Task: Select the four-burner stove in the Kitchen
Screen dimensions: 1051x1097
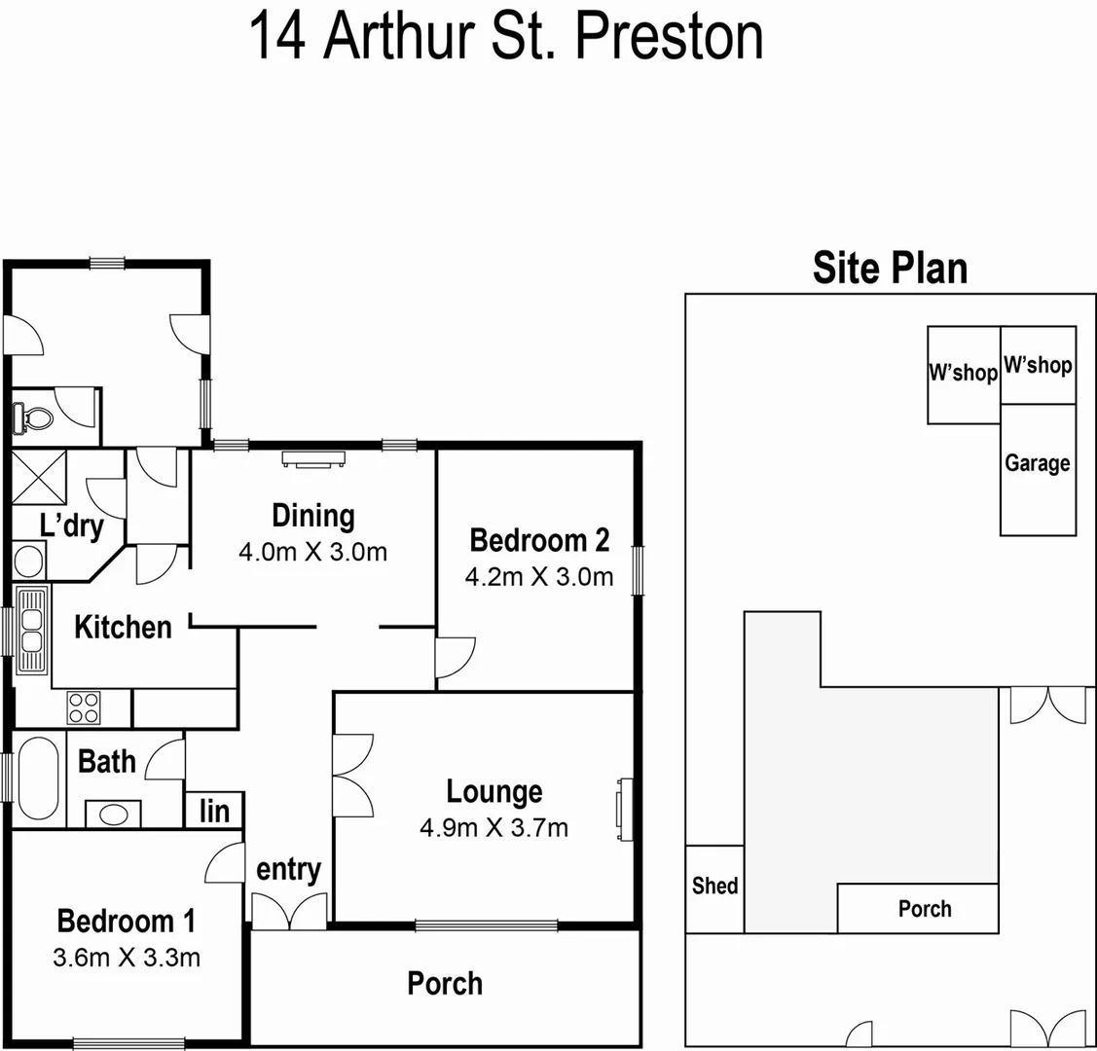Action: click(x=83, y=707)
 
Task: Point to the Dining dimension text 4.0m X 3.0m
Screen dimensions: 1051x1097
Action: click(x=312, y=553)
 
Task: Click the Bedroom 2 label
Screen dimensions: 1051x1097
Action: click(x=539, y=540)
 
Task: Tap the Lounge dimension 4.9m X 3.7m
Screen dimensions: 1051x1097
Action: click(x=494, y=828)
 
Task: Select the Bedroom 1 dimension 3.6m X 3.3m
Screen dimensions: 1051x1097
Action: click(x=127, y=958)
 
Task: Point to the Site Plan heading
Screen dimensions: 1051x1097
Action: click(x=890, y=269)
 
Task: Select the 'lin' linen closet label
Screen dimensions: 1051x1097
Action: click(x=214, y=811)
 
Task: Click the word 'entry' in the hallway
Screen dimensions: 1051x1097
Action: click(x=288, y=869)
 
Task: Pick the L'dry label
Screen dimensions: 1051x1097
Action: click(x=71, y=526)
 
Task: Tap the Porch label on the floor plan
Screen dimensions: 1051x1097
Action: click(x=445, y=983)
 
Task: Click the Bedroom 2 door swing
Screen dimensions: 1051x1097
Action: click(x=453, y=657)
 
